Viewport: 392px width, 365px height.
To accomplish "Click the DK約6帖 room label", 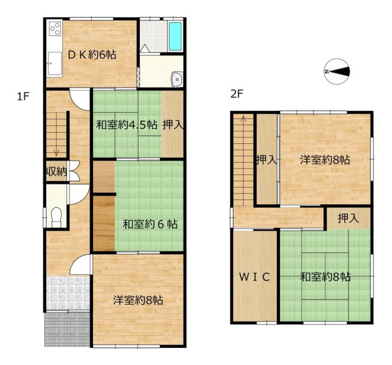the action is point(92,54).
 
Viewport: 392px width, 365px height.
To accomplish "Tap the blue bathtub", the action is point(175,36).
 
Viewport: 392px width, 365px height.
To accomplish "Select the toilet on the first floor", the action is point(56,218).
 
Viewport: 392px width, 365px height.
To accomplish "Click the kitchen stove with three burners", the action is point(55,29).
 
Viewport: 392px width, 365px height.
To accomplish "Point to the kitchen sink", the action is point(55,63).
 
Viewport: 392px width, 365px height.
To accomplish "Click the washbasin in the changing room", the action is point(177,79).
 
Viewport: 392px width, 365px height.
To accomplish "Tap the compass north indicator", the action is point(337,72).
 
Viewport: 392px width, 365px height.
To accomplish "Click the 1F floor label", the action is point(23,96).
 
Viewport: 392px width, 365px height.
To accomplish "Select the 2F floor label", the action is point(237,94).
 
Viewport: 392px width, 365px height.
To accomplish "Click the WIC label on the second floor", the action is point(254,277).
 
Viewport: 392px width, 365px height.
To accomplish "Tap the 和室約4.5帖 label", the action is point(127,124).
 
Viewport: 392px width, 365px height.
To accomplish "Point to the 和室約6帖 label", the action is point(150,224).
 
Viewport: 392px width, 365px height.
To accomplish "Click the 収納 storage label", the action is point(56,171).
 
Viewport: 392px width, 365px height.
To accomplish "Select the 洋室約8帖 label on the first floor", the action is point(138,300).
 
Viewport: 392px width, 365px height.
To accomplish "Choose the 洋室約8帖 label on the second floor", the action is point(325,160).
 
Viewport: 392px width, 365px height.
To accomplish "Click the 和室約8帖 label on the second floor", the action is point(325,277).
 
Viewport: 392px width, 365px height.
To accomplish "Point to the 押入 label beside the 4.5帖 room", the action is point(173,124).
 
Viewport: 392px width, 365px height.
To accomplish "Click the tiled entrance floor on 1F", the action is point(68,293).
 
